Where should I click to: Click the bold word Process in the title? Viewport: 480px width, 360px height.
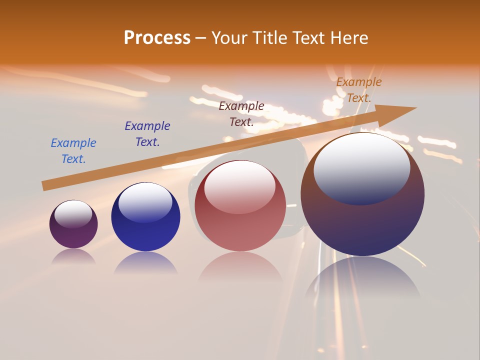(x=157, y=37)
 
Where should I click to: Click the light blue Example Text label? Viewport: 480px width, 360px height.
(x=73, y=150)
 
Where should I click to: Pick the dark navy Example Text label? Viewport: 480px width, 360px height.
(x=147, y=133)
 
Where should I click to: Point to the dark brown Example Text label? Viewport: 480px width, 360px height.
(x=241, y=113)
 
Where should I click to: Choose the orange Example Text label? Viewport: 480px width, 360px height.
(x=358, y=90)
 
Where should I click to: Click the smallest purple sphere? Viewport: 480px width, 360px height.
(x=73, y=230)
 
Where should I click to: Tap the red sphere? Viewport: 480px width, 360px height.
(x=240, y=220)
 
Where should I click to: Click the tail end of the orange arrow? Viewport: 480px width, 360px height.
(x=45, y=185)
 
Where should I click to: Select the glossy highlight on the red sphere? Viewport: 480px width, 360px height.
(x=240, y=186)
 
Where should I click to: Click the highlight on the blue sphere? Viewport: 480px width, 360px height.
(x=145, y=201)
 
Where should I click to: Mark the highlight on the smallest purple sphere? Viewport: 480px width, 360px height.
(x=73, y=214)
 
